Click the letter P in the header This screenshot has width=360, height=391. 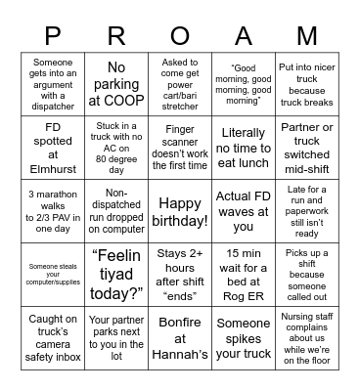tap(52, 36)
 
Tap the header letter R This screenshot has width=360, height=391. tap(115, 36)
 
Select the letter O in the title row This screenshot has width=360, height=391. tap(179, 36)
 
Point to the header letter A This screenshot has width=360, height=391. tap(243, 36)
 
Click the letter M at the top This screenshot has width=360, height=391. tap(306, 36)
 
